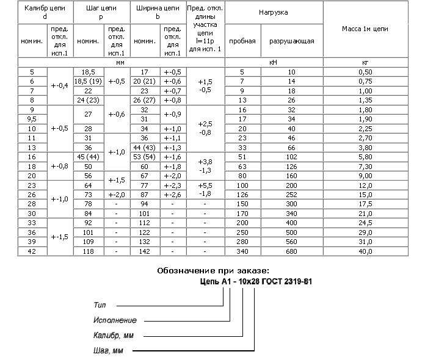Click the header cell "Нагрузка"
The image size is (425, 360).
point(274,12)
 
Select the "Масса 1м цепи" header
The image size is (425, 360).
point(365,29)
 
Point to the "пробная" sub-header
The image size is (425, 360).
point(242,41)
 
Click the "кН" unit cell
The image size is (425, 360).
point(274,62)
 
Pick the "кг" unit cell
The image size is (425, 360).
point(365,62)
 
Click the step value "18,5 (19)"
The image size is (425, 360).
point(87,81)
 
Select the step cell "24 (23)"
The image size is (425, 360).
point(87,100)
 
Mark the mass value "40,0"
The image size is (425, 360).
point(365,251)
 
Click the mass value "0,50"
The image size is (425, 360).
point(365,72)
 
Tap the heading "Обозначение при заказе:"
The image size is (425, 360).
point(212,270)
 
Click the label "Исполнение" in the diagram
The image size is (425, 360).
point(115,320)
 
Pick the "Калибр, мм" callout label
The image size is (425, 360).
point(114,336)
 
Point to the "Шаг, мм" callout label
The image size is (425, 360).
point(109,351)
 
